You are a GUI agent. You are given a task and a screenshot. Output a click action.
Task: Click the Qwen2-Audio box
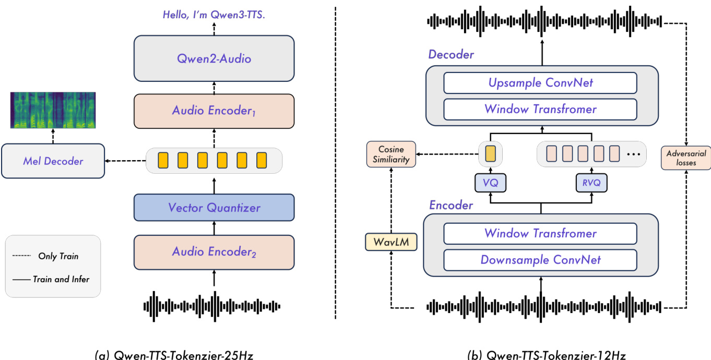coord(214,58)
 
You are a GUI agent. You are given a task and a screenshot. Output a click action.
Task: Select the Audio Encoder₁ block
coord(214,111)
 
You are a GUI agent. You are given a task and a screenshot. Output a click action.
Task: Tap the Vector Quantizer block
coord(214,207)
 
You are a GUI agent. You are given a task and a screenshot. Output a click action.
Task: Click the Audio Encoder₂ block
coord(214,252)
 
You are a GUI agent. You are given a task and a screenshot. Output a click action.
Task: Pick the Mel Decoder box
coord(53,161)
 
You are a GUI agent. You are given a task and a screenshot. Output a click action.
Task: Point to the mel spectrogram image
coord(53,110)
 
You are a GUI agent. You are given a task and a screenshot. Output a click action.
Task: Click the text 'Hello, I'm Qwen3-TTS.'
coord(214,15)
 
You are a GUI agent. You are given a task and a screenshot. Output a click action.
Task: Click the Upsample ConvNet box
coord(540,83)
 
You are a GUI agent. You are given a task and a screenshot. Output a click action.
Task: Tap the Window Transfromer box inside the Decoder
coord(540,109)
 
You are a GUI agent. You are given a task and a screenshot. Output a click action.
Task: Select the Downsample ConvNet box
coord(540,260)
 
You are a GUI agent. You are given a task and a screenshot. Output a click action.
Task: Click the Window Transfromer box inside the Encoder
coord(540,233)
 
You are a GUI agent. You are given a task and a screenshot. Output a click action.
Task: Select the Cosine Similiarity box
coord(391,154)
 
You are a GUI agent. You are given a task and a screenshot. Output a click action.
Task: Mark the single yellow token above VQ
coord(490,153)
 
